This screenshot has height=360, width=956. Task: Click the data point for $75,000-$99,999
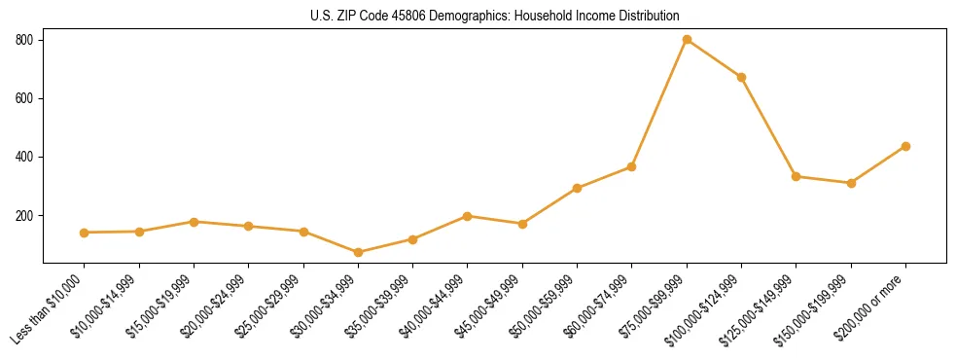point(687,40)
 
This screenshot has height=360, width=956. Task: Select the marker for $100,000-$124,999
point(741,77)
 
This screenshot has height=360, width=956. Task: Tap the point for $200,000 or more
point(905,146)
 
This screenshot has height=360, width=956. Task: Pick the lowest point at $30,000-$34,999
point(358,252)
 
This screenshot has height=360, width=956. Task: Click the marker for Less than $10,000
point(85,233)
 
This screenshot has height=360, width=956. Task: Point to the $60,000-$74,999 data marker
point(632,166)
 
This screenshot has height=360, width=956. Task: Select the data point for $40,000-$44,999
point(468,216)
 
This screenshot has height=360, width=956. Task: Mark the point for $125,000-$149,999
point(797,176)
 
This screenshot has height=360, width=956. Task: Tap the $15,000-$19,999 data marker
point(194,222)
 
